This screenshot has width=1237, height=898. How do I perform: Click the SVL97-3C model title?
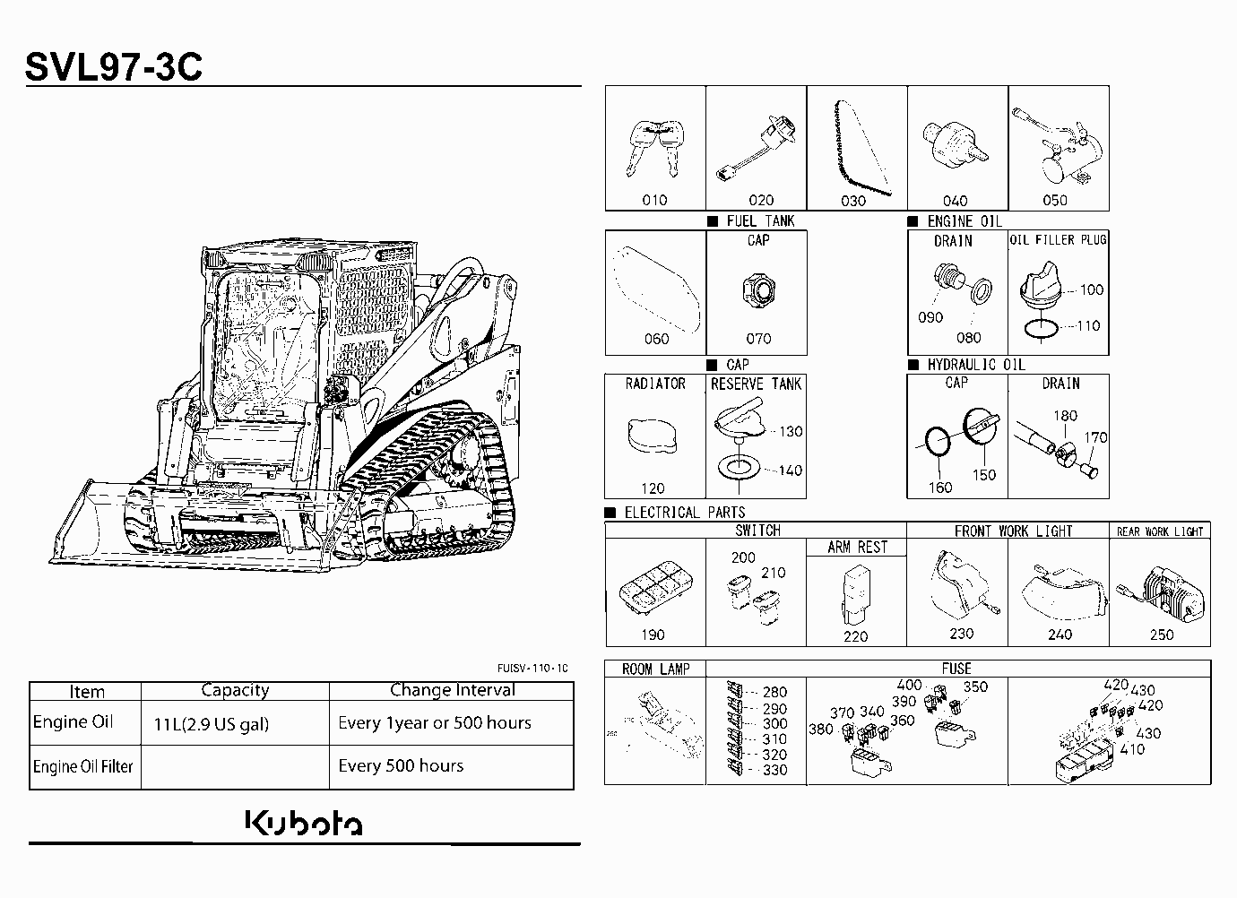(x=114, y=67)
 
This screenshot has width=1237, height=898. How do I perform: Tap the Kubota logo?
(x=304, y=823)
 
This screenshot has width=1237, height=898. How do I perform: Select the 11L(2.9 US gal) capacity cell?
(x=211, y=724)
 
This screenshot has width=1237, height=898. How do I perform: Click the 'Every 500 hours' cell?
(x=401, y=765)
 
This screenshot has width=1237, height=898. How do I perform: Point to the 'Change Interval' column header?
(x=453, y=690)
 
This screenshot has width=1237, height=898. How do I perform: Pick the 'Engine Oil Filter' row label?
(x=82, y=766)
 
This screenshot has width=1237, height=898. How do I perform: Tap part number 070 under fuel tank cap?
(x=758, y=339)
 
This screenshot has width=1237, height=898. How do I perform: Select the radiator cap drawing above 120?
(x=653, y=436)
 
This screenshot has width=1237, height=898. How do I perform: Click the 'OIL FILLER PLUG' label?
(x=1058, y=239)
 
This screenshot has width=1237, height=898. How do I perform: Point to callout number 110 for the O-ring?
(x=1088, y=326)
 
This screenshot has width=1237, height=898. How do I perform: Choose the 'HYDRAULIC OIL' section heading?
(x=976, y=365)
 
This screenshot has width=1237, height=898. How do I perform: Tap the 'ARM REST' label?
(x=857, y=548)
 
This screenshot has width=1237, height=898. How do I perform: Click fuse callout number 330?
(x=774, y=770)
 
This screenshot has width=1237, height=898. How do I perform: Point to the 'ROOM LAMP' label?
(x=655, y=669)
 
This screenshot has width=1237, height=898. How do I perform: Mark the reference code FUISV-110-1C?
(x=532, y=669)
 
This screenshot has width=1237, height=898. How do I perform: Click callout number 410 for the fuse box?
(x=1132, y=749)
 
